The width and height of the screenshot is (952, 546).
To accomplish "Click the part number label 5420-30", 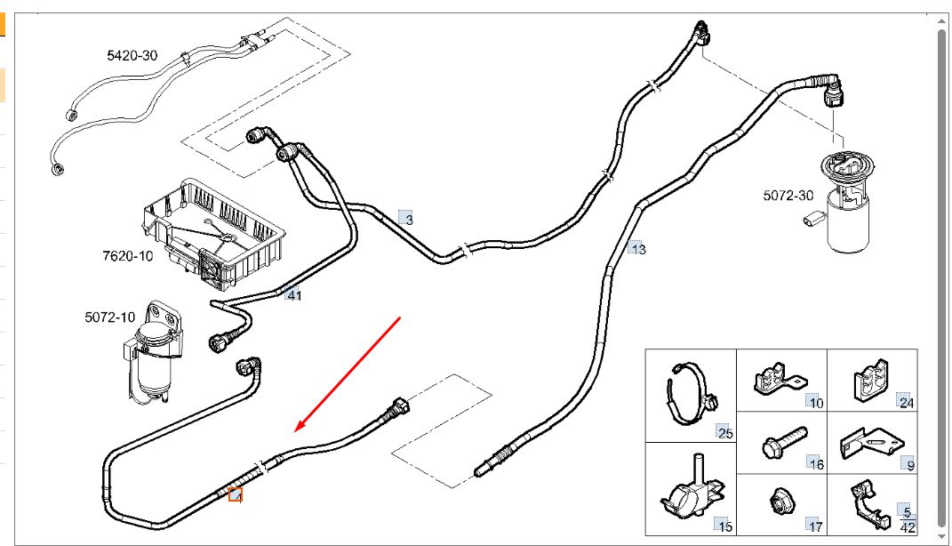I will [132, 55].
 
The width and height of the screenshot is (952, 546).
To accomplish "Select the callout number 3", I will [408, 219].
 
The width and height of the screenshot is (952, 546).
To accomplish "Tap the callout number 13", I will [638, 249].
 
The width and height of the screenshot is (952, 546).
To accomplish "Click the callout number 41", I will [293, 295].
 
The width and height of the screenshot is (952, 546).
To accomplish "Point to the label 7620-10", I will [127, 256].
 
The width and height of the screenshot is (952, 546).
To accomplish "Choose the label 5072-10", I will [110, 317].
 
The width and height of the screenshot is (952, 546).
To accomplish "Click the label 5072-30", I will [788, 196].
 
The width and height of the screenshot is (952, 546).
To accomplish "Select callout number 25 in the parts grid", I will [725, 433].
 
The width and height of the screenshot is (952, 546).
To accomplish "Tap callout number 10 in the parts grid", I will [816, 403].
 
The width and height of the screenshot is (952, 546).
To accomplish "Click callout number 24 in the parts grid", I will [906, 403].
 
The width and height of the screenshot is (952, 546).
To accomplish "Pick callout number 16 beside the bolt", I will [817, 464].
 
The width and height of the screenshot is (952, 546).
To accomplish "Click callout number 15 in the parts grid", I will [725, 526].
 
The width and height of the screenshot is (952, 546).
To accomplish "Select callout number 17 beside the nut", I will [815, 526].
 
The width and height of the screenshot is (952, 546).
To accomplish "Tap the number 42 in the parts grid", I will [908, 527].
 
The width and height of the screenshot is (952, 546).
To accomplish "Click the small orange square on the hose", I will [236, 494].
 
